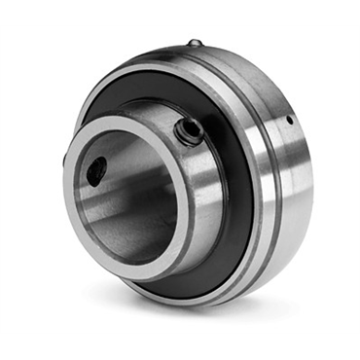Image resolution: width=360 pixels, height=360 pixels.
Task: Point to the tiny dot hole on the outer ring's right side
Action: point(289,121)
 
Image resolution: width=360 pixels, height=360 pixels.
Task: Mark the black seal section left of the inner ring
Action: point(83,117)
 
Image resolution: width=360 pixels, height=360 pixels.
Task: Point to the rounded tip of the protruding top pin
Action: point(196,40)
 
